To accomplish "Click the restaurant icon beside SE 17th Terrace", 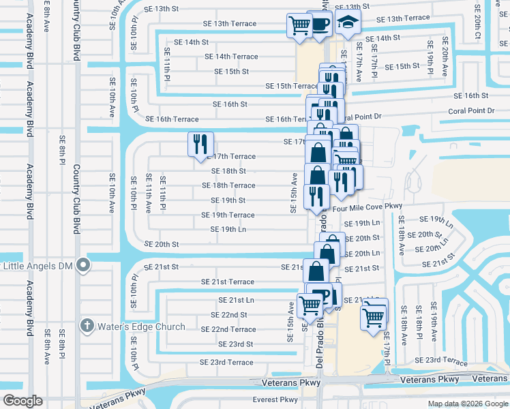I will [x=200, y=143].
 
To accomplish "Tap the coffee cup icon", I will [x=321, y=25].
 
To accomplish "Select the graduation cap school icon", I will [x=348, y=23].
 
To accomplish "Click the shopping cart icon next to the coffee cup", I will [x=299, y=25].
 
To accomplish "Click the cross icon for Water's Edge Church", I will [x=86, y=326].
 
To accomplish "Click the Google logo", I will [x=23, y=401].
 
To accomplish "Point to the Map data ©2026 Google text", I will [x=467, y=404].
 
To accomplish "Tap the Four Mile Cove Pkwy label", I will [x=367, y=206].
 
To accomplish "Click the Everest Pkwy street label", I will [x=275, y=400].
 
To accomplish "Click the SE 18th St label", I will [x=228, y=171].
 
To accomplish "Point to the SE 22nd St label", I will [x=229, y=315].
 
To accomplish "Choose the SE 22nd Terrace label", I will [x=228, y=329].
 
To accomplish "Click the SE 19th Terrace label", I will [x=228, y=215].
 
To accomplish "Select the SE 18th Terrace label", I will [x=228, y=185].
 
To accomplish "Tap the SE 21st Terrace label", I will [x=228, y=282].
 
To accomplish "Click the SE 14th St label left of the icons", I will [x=191, y=42].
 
